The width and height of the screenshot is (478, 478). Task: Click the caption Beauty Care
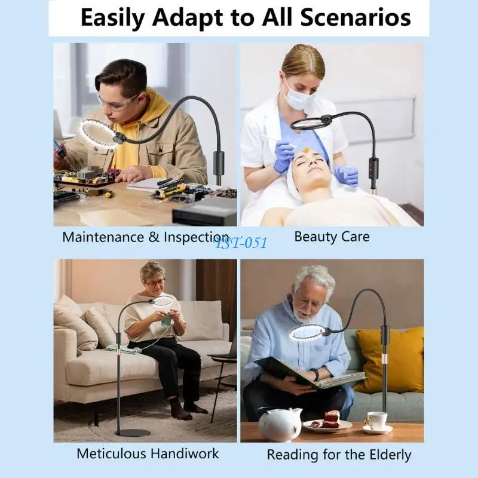pos(332,237)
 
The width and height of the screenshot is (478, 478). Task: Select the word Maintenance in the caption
pos(103,237)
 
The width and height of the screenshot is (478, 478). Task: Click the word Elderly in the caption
pos(388,455)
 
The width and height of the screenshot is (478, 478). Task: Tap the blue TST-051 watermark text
pos(241,242)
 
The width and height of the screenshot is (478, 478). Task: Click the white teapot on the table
pos(280,424)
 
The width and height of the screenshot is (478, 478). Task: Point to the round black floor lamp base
pos(131,433)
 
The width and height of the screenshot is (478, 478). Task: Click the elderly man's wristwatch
pos(315,375)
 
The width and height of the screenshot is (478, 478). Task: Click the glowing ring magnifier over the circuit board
pos(100,135)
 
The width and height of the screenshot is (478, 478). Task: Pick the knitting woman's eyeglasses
pos(155,282)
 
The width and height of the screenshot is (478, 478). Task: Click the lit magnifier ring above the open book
pos(307,331)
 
